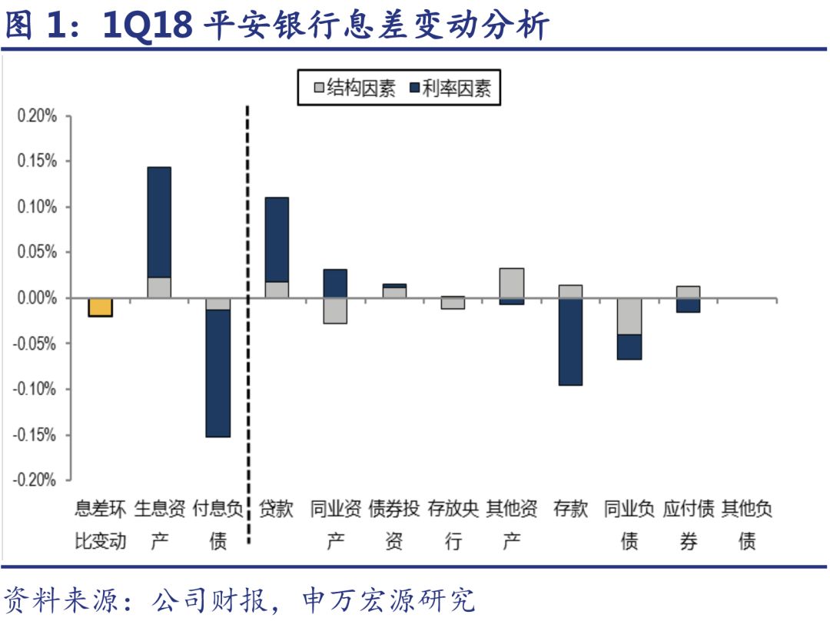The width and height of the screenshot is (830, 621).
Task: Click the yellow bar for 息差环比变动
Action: [x=100, y=307]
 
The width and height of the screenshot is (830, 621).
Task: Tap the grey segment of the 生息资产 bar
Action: [x=159, y=287]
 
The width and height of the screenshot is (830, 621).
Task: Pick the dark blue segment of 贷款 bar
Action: [x=277, y=240]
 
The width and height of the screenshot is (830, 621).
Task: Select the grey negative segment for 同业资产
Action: [x=335, y=310]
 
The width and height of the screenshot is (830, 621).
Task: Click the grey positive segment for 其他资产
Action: [x=511, y=283]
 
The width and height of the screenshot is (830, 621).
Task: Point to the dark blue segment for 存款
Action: [x=570, y=341]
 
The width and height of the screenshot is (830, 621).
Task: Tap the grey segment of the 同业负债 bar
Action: [x=629, y=316]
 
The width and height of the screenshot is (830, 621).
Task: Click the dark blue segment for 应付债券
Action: [x=688, y=305]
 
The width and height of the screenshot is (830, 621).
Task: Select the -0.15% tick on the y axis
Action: [x=35, y=435]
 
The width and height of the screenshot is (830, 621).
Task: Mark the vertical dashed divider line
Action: [x=247, y=323]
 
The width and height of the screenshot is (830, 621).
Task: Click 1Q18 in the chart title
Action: [x=147, y=25]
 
